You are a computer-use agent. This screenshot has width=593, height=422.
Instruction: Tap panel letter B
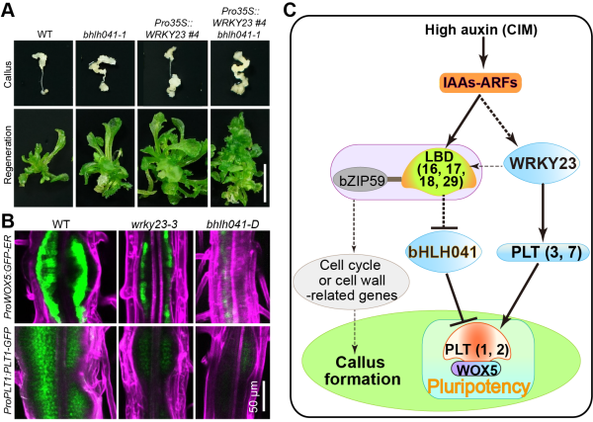click(9, 219)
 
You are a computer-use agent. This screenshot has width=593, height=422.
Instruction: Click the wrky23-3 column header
click(152, 224)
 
